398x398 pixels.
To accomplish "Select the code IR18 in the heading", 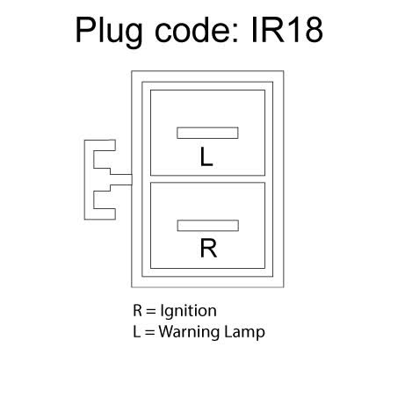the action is (x=287, y=29).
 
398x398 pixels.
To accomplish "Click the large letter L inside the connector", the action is (x=206, y=156).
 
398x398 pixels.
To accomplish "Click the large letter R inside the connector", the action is (x=208, y=248).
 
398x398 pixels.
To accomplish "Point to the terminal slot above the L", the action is (x=207, y=133).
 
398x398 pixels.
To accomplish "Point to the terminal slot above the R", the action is (x=208, y=226).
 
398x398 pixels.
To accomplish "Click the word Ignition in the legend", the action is (x=188, y=311).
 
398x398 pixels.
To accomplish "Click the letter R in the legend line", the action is (x=137, y=310).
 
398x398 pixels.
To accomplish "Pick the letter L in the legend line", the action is (x=136, y=331).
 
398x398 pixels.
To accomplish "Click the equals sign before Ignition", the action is (x=150, y=311).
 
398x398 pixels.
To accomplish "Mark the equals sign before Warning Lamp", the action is (x=149, y=332).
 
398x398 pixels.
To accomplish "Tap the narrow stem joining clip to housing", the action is (x=121, y=179).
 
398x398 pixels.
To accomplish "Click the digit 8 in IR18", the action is (x=314, y=30).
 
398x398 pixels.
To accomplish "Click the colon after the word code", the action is (x=235, y=33).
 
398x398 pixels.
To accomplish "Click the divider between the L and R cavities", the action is (x=207, y=179).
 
